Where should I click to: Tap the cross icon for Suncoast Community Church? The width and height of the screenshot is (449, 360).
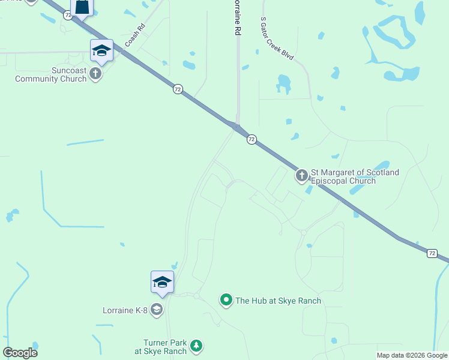(x=95, y=73)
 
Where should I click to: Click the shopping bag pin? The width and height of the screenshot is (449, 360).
(x=82, y=8)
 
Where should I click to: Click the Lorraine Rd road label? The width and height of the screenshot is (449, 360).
(x=238, y=19)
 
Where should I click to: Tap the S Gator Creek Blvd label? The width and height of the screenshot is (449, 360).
(x=277, y=38)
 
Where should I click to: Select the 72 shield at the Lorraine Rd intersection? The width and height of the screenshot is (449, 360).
(x=252, y=139)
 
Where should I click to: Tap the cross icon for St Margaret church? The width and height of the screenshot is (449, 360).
(x=301, y=176)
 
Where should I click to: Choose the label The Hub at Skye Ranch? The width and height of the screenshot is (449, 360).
(x=278, y=301)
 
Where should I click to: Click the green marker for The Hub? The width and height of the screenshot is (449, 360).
(x=226, y=299)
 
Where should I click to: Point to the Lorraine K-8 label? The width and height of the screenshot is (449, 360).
(x=125, y=310)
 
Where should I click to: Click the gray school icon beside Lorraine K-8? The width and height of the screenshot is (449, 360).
(x=157, y=310)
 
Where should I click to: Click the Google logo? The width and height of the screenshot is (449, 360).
(x=20, y=353)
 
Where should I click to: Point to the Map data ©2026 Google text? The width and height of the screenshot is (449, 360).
(x=412, y=355)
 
